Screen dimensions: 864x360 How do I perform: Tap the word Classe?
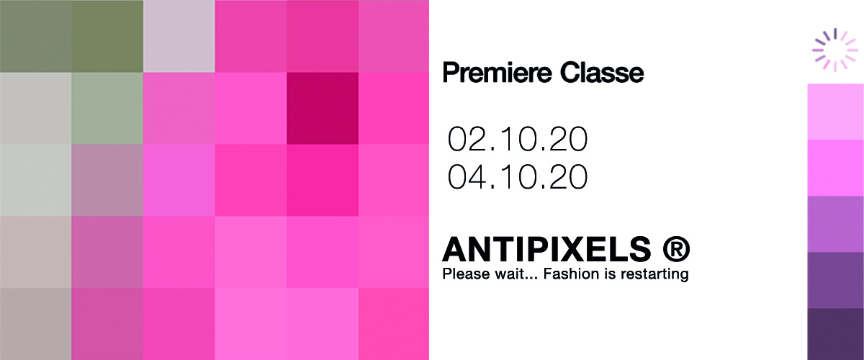[x=602, y=73]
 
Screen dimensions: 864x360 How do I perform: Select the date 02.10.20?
[x=518, y=139]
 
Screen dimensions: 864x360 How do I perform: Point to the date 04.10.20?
[x=518, y=176]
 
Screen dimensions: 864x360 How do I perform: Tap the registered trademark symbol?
[x=676, y=249]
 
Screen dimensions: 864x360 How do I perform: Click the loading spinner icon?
[x=835, y=50]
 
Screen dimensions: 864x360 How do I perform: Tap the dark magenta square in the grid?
[x=323, y=109]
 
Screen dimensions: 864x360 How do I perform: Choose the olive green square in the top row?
[x=107, y=36]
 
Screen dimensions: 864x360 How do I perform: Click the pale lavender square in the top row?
[x=179, y=36]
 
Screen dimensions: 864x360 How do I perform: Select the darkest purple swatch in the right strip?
[x=835, y=334]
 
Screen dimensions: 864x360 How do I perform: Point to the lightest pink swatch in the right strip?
[x=835, y=112]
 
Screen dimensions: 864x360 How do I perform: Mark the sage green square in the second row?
[x=107, y=109]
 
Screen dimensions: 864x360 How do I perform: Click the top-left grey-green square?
[x=35, y=36]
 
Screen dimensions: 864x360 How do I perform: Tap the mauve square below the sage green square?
[x=107, y=180]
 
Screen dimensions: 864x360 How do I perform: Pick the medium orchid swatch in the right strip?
[x=835, y=224]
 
